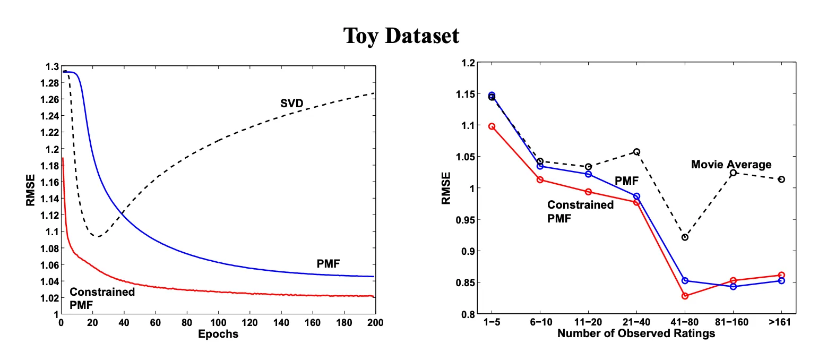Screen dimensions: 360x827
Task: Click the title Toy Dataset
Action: pyautogui.click(x=401, y=36)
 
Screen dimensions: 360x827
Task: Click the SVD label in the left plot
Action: pyautogui.click(x=291, y=104)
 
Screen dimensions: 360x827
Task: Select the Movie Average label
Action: pyautogui.click(x=731, y=165)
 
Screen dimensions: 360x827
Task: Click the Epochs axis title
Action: pyautogui.click(x=218, y=335)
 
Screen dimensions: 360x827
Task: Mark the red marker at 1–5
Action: pyautogui.click(x=492, y=126)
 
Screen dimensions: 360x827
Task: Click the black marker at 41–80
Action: pyautogui.click(x=685, y=237)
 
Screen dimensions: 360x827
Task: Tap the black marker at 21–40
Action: pyautogui.click(x=636, y=152)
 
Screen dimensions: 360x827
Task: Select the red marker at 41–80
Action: pyautogui.click(x=685, y=296)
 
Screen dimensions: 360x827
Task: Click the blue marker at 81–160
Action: pyautogui.click(x=733, y=287)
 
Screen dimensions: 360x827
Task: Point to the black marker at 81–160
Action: pyautogui.click(x=733, y=173)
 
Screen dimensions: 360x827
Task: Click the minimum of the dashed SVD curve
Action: pyautogui.click(x=97, y=236)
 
